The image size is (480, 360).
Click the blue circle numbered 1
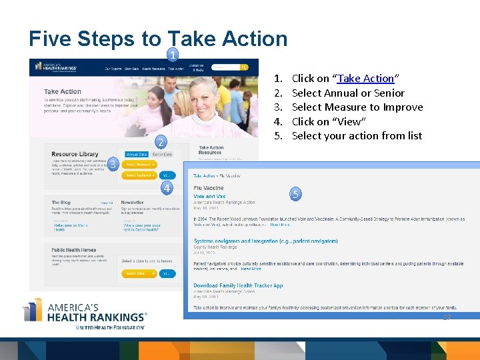pos(173,55)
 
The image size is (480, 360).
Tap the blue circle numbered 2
pos(160,142)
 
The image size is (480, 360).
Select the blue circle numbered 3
pos(114,164)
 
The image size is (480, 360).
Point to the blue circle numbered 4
pos(169,188)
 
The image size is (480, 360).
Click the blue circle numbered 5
pos(296,194)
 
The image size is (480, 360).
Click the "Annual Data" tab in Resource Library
pos(137,154)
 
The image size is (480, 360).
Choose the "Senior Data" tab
pos(162,154)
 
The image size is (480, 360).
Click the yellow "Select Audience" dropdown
pos(140,175)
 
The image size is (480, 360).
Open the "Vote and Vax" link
pos(209,197)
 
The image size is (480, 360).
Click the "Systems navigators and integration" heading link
pos(266,241)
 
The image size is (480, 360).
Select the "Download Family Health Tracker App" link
pos(238,285)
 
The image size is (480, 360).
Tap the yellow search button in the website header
pos(245,67)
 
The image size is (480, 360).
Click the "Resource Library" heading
pos(74,154)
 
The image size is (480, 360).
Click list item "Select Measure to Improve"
pos(357,107)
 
